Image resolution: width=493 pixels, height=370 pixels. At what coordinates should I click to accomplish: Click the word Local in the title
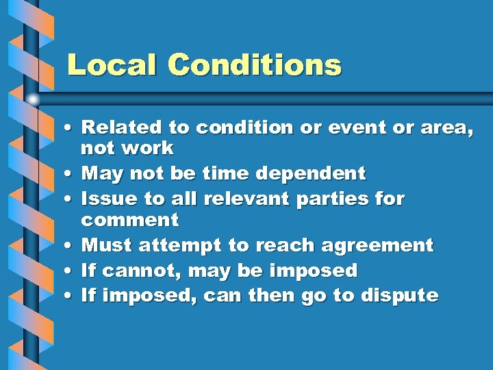click(112, 65)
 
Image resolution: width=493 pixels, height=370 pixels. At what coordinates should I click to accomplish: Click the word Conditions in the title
click(254, 65)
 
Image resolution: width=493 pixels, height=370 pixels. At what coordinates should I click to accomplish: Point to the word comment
click(129, 221)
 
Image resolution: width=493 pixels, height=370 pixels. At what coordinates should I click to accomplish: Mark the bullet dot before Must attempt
click(71, 246)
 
